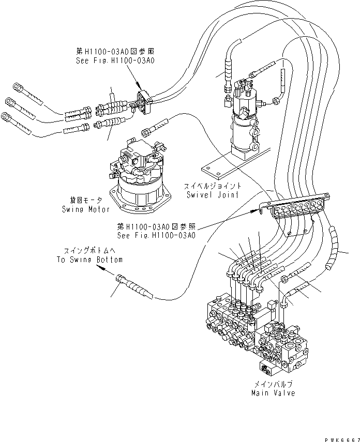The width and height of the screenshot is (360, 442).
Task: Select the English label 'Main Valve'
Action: click(274, 393)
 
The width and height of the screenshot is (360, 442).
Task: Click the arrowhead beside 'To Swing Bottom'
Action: click(101, 269)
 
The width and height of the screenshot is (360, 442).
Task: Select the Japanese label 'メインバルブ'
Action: click(274, 385)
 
